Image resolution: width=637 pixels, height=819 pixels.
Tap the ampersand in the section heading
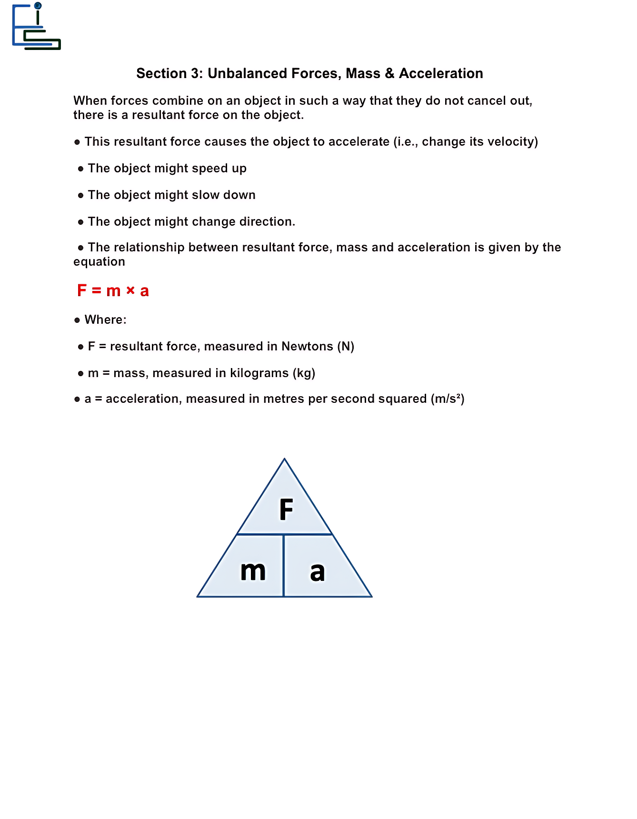pyautogui.click(x=389, y=73)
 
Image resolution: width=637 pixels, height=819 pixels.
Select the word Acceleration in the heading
pyautogui.click(x=441, y=73)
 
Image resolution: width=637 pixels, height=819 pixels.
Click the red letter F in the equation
pyautogui.click(x=82, y=290)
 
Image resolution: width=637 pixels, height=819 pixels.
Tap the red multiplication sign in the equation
pyautogui.click(x=130, y=290)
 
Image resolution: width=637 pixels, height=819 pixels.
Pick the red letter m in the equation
pyautogui.click(x=113, y=291)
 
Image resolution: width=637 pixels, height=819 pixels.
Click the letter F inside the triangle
pyautogui.click(x=286, y=509)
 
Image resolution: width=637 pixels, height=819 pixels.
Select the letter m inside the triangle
pyautogui.click(x=253, y=570)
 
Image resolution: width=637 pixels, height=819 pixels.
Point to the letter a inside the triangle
pyautogui.click(x=317, y=571)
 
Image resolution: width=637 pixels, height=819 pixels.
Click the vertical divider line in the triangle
pyautogui.click(x=284, y=566)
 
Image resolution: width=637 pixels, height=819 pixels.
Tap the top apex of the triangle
pyautogui.click(x=285, y=460)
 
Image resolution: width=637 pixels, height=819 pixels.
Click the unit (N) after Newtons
pyautogui.click(x=346, y=346)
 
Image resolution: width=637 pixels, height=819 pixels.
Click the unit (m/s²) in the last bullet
pyautogui.click(x=448, y=399)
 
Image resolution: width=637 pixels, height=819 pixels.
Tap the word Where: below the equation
pyautogui.click(x=106, y=320)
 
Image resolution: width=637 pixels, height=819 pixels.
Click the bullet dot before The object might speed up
pyautogui.click(x=80, y=169)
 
